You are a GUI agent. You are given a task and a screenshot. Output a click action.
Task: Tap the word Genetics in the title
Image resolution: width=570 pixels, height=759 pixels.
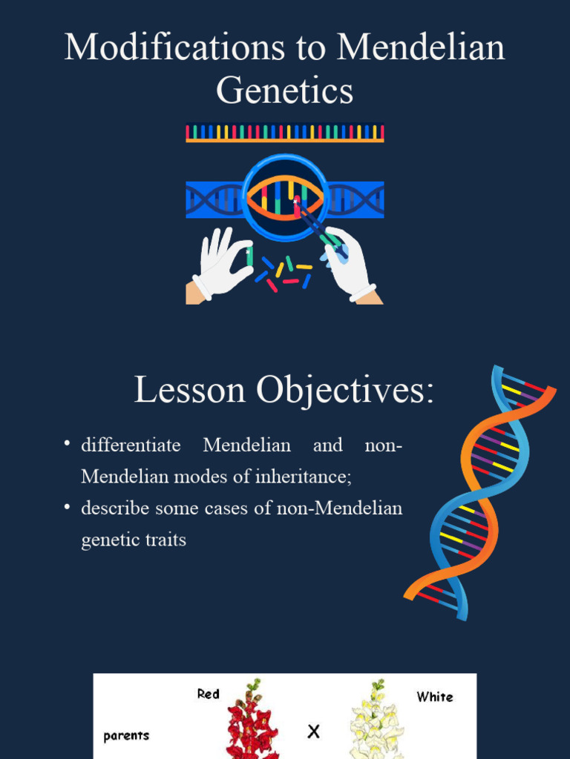284,92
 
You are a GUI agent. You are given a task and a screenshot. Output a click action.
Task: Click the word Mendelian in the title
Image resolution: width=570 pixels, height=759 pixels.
420,47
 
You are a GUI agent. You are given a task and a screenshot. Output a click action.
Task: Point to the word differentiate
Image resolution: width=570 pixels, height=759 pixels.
131,445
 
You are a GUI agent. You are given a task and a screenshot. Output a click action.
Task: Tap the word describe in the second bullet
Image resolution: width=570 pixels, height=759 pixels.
115,508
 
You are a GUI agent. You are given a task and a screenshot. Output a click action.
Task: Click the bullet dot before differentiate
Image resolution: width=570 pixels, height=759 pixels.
67,444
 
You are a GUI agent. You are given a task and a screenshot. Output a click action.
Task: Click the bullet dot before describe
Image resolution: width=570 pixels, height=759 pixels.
67,507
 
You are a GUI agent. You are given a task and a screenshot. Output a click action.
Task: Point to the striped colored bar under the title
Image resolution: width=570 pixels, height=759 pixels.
284,133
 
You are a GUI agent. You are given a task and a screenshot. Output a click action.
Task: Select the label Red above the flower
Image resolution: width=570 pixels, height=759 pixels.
209,695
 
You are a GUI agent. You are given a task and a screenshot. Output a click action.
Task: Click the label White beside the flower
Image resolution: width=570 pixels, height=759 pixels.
434,697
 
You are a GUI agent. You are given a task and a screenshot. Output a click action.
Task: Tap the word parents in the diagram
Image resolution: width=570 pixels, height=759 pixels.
126,736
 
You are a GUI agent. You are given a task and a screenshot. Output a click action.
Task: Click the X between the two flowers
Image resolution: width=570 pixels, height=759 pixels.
313,732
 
